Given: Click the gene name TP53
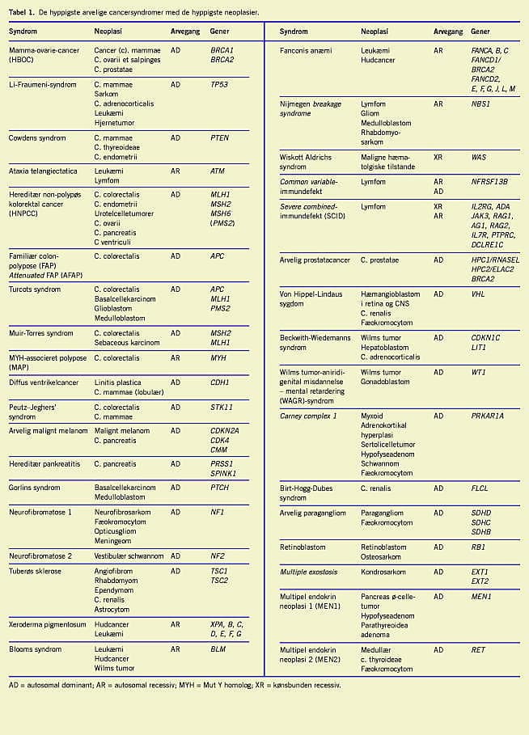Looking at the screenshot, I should pyautogui.click(x=221, y=85).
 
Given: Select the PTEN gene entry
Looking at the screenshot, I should pyautogui.click(x=219, y=138).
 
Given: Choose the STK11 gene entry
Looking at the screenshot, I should pyautogui.click(x=222, y=408).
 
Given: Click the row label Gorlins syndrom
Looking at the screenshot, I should pyautogui.click(x=36, y=488).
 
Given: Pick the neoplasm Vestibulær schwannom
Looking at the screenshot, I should pyautogui.click(x=129, y=556).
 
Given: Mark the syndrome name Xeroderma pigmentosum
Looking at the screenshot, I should pyautogui.click(x=48, y=625).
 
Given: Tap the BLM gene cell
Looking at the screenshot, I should pyautogui.click(x=218, y=649).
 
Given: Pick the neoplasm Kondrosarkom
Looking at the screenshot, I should pyautogui.click(x=383, y=572).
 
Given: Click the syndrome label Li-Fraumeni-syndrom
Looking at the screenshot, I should pyautogui.click(x=43, y=85).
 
